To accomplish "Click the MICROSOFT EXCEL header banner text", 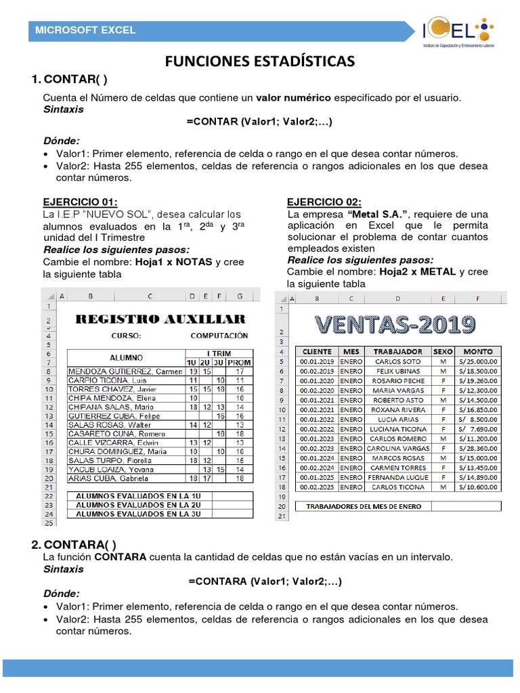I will coord(85,30).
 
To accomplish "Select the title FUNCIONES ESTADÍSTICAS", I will coord(260,62).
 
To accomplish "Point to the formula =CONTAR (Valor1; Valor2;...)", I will coord(259,122).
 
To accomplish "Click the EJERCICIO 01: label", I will coord(80,202).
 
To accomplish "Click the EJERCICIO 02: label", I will coord(324,202).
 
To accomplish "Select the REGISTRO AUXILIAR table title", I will coord(160,319).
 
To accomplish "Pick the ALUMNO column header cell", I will coord(126,357).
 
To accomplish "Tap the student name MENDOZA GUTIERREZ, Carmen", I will coord(125,371).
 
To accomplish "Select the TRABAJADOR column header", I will coord(398,351).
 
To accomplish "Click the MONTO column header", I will coord(477,351).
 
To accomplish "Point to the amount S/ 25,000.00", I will coord(477,361).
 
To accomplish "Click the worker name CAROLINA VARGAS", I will coord(398,448).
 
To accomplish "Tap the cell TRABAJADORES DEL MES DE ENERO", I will coord(363,506).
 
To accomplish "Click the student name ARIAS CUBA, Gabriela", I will coord(110,478).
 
